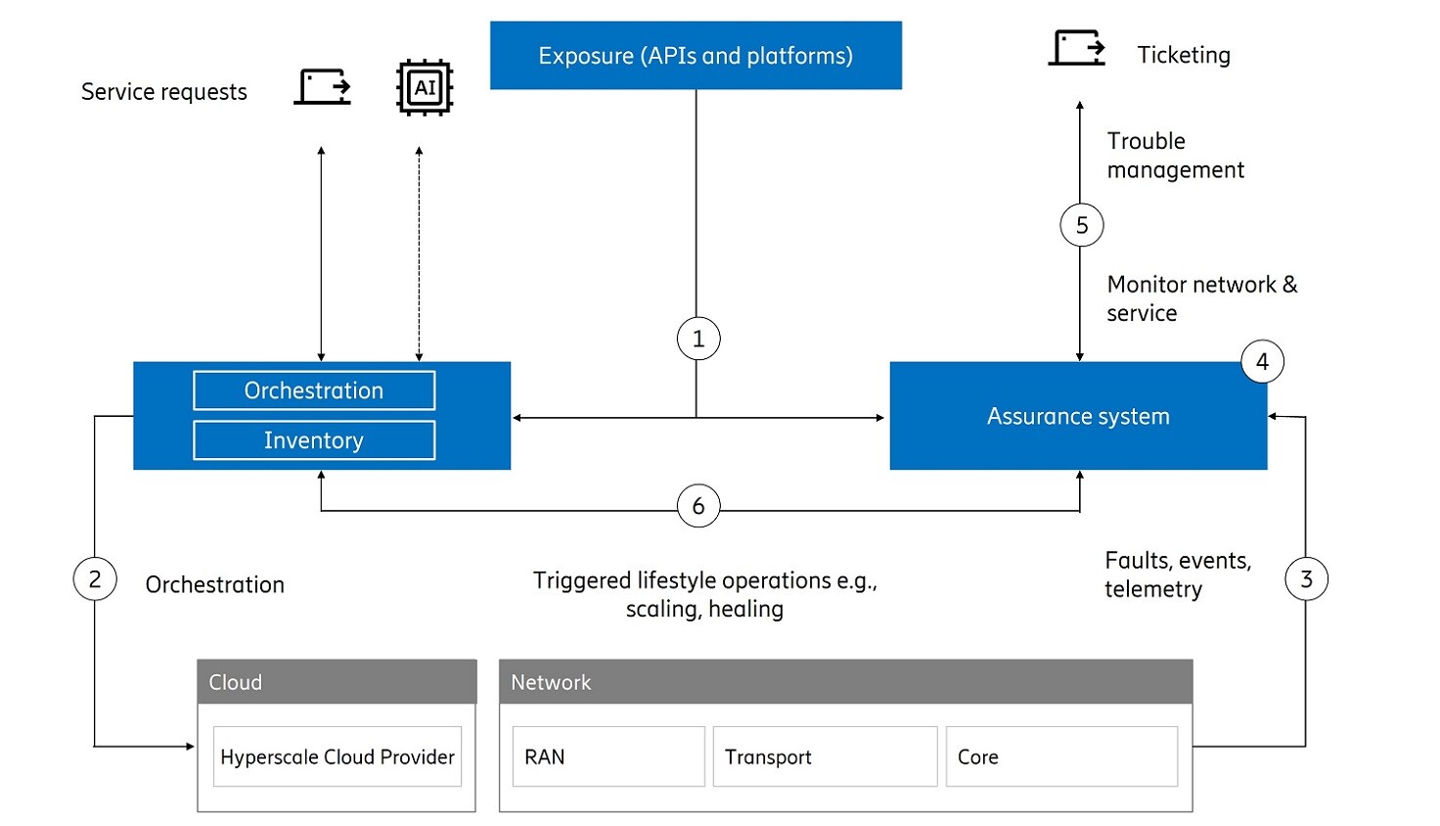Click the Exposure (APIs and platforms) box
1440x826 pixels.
tap(696, 56)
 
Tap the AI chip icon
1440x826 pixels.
tap(425, 88)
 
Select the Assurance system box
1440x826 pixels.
tap(1078, 417)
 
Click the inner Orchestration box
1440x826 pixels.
tap(314, 390)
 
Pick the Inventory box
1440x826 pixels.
tap(314, 440)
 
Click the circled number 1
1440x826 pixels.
tap(698, 339)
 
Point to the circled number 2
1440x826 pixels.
tap(95, 579)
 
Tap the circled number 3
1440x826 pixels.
tap(1306, 579)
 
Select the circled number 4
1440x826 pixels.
tap(1262, 362)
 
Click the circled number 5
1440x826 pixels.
tap(1082, 225)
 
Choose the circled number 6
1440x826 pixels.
tap(698, 506)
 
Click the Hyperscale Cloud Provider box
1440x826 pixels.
tap(337, 757)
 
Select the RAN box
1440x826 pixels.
tap(608, 757)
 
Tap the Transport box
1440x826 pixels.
tap(825, 757)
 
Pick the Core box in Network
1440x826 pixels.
tap(1061, 757)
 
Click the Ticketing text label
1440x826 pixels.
tap(1184, 56)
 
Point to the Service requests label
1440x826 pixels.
tap(164, 92)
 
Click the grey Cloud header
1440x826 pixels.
tap(337, 682)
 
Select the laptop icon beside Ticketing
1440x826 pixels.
tap(1077, 48)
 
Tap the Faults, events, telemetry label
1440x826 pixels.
tap(1178, 574)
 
